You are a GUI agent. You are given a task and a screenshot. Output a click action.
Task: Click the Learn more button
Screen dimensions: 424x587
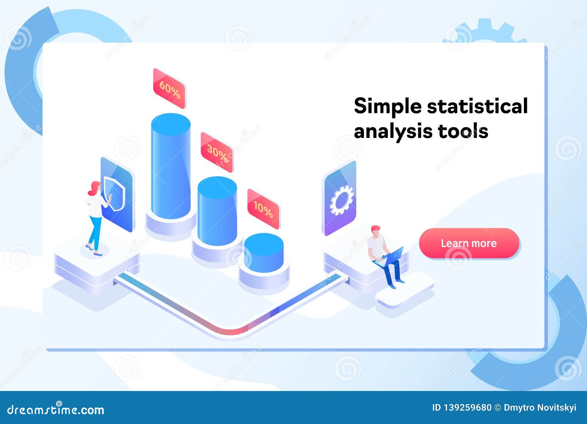click(x=469, y=243)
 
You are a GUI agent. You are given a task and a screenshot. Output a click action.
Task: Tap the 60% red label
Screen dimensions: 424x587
click(x=169, y=89)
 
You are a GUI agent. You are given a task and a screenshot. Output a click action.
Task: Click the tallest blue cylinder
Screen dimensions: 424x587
click(x=171, y=165)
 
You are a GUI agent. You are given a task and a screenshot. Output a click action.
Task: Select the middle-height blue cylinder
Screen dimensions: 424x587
click(x=217, y=211)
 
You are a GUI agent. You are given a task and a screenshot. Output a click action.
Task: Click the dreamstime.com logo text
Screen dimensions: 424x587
click(x=56, y=409)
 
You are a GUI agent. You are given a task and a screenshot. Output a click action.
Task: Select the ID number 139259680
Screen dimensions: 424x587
click(x=467, y=407)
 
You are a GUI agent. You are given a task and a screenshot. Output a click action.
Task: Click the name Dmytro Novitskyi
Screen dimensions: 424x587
click(x=540, y=407)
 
